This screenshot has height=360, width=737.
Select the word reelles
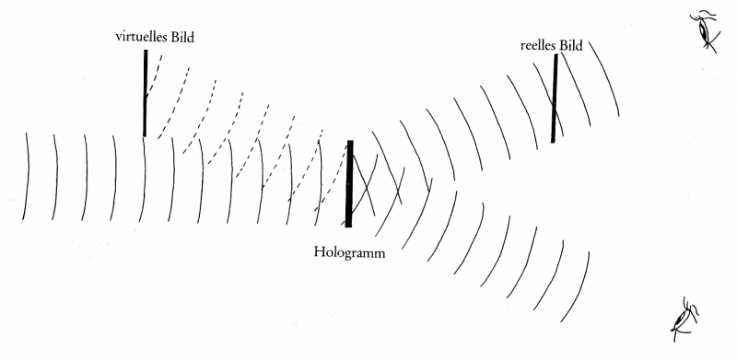[x=538, y=46]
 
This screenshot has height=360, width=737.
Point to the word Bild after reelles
[x=570, y=46]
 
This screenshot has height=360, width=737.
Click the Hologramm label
[x=349, y=253]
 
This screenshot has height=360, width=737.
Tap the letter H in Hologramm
[x=319, y=252]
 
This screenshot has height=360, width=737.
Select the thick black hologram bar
[x=349, y=184]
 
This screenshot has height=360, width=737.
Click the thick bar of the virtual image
[x=146, y=93]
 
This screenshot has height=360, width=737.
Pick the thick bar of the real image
[x=555, y=99]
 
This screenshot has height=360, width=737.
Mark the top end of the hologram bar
[x=350, y=141]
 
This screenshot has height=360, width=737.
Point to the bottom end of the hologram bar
[x=348, y=227]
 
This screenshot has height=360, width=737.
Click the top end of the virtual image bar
[x=146, y=51]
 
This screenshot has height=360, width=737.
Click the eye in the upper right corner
[x=704, y=30]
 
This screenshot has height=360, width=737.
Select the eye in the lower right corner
[x=684, y=319]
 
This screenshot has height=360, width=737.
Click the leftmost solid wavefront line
[x=27, y=176]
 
